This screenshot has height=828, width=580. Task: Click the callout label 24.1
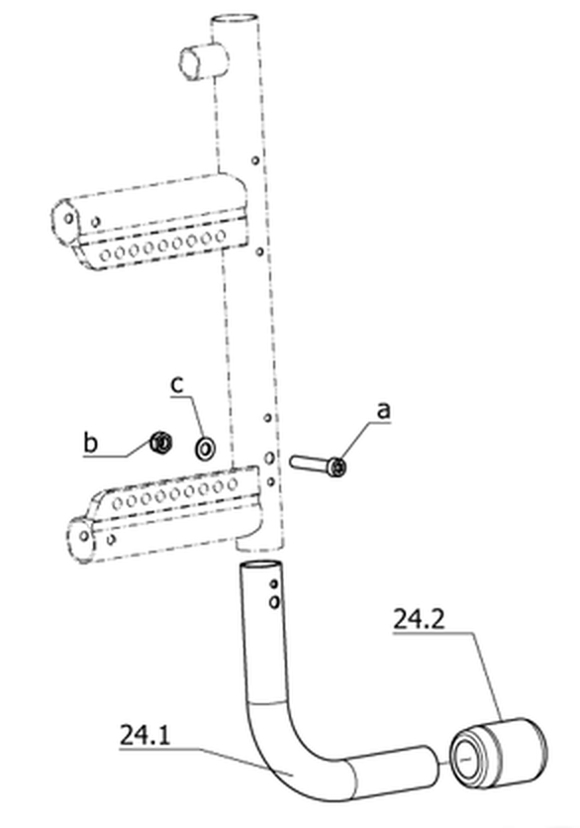tap(145, 735)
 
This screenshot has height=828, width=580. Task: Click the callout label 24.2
tap(419, 619)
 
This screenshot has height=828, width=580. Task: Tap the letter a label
tap(384, 410)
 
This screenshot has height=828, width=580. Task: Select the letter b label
tap(91, 442)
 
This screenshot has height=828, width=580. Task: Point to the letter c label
tap(177, 384)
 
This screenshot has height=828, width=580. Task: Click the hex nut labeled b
tap(160, 442)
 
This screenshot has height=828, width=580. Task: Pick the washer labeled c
tap(204, 448)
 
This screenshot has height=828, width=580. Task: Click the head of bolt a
tap(337, 467)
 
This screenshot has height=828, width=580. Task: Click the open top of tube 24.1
tap(260, 567)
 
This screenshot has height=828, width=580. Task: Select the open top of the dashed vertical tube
tap(236, 21)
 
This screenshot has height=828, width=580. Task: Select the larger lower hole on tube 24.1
tap(274, 601)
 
